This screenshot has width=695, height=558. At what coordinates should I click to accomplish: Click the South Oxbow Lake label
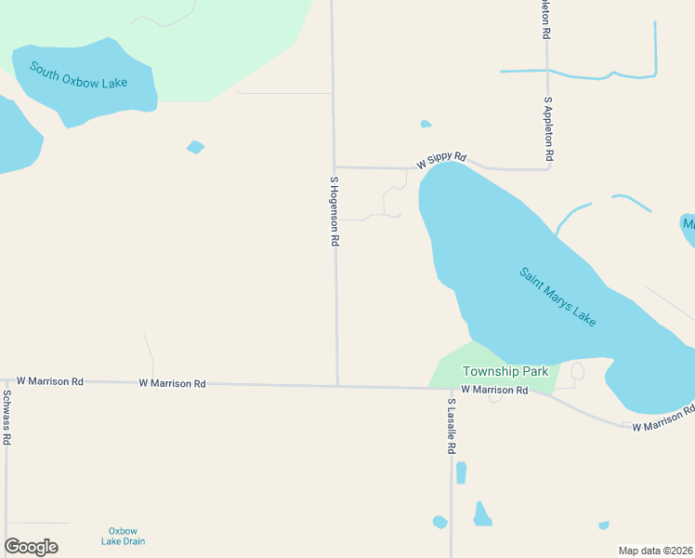coord(78,74)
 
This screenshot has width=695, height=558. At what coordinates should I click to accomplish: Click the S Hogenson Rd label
coord(334,211)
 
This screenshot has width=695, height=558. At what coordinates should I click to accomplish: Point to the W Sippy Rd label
coord(441,161)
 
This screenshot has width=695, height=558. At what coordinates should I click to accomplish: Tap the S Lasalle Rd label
coord(452,427)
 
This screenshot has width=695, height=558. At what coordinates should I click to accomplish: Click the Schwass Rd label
coord(6,417)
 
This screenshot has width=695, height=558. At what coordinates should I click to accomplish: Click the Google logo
coord(31,547)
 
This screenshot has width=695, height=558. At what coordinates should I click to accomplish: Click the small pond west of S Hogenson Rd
coord(195,147)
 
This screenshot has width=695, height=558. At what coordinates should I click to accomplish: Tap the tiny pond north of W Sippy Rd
coord(426,124)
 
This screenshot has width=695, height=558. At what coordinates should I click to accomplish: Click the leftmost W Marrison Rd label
coord(50,381)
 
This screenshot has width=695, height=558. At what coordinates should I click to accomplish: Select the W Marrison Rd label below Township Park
coord(494,390)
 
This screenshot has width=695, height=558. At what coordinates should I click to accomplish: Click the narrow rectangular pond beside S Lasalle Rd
coord(461,472)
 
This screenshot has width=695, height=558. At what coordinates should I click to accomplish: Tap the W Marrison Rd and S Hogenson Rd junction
coord(337,385)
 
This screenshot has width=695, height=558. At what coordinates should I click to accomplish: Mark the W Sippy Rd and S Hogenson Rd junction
coord(334,167)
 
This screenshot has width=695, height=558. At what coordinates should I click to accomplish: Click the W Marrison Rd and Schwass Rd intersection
coord(6,380)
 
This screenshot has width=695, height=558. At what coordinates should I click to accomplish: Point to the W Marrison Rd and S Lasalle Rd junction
coord(452,388)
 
